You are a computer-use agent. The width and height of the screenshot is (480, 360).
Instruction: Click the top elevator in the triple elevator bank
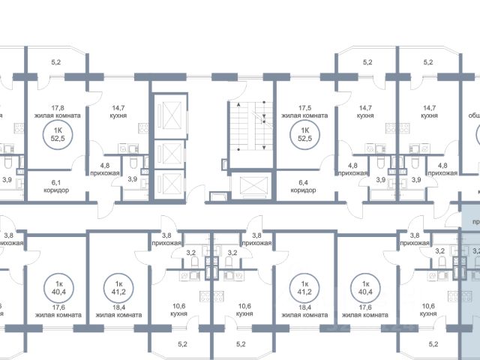pyautogui.click(x=171, y=118)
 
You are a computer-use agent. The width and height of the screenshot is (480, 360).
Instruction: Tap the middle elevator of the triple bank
pyautogui.click(x=171, y=152)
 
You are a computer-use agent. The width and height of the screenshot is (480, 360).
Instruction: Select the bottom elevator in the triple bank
pyautogui.click(x=171, y=183)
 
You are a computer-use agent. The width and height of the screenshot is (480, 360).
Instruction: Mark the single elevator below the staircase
pyautogui.click(x=249, y=184)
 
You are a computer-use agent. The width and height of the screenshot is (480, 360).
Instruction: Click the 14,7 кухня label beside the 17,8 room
pyautogui.click(x=116, y=112)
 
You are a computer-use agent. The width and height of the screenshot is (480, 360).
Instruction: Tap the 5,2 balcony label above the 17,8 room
pyautogui.click(x=56, y=62)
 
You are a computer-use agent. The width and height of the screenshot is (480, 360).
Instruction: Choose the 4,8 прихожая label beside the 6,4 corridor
pyautogui.click(x=352, y=168)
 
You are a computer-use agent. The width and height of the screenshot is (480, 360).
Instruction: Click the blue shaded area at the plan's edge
pyautogui.click(x=469, y=285)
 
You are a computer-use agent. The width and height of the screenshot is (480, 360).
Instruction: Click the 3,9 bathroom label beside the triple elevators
pyautogui.click(x=133, y=179)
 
